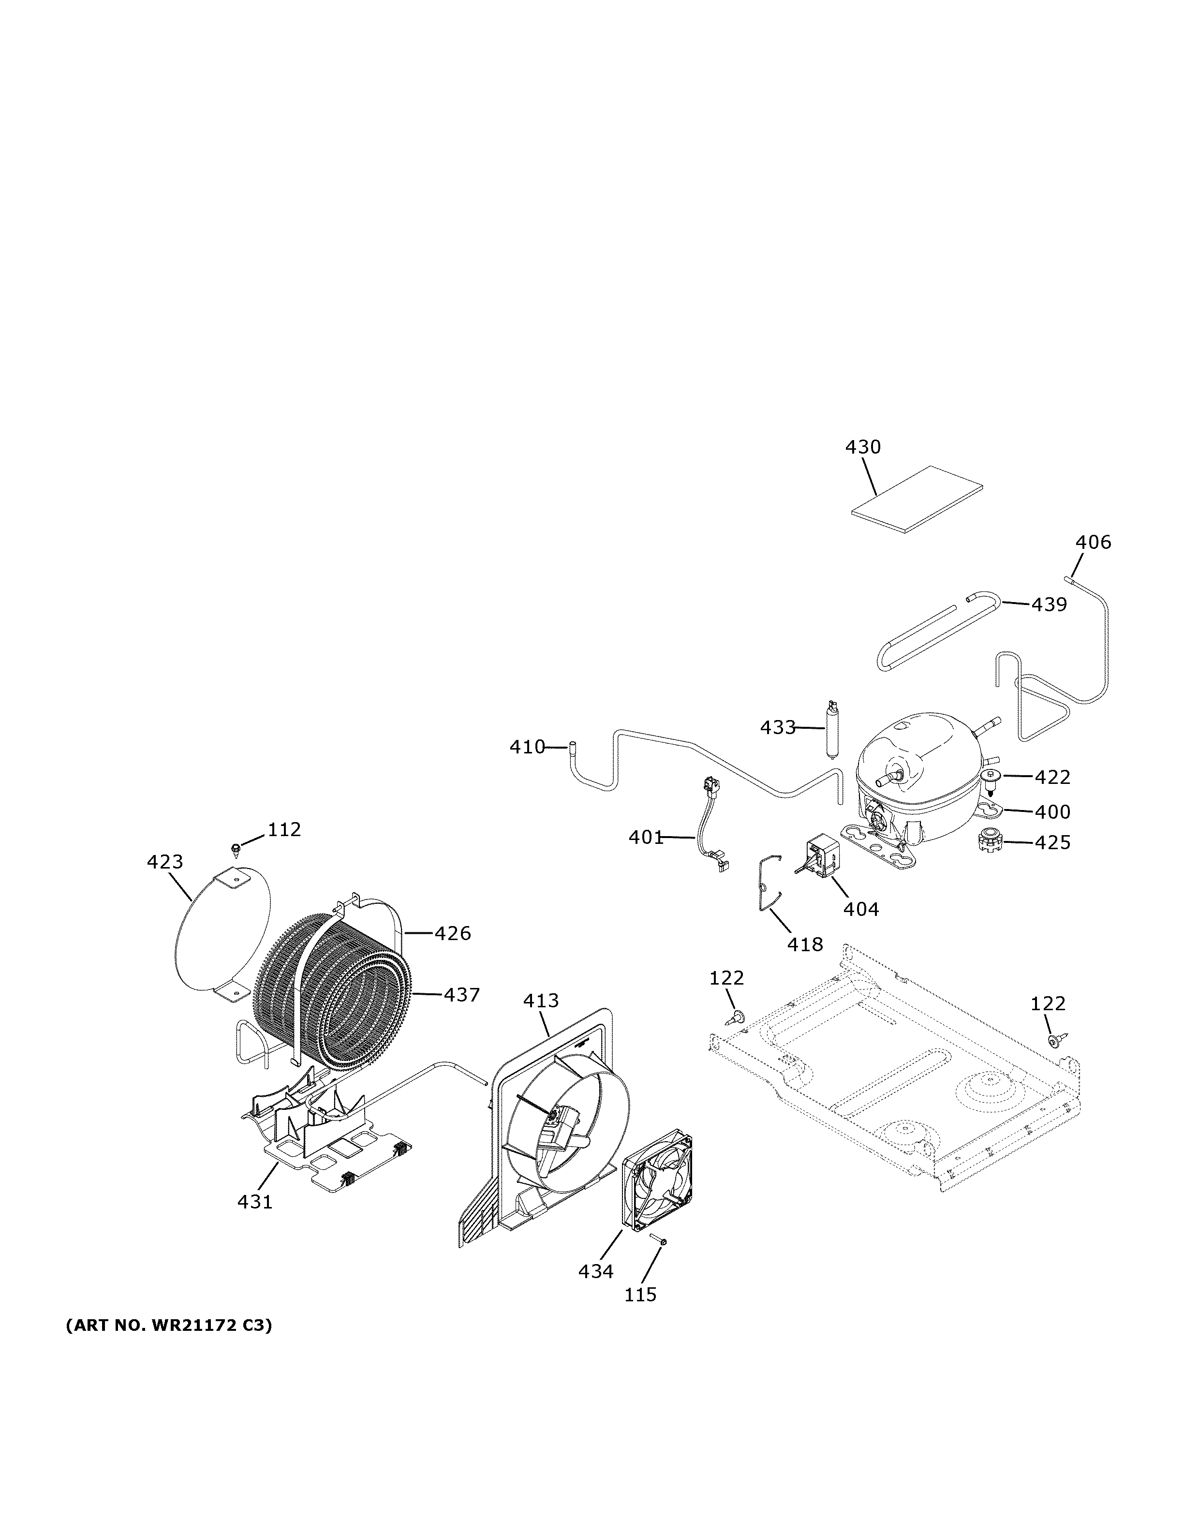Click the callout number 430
pyautogui.click(x=863, y=447)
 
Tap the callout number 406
pyautogui.click(x=1094, y=542)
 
